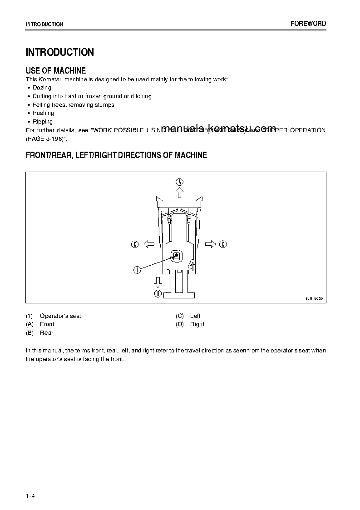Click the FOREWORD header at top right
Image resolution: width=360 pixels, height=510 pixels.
pos(308,24)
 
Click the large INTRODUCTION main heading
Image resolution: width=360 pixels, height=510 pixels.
pos(60,52)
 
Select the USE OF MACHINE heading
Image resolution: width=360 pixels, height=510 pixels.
pos(56,70)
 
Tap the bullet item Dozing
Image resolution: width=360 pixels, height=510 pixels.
pos(42,88)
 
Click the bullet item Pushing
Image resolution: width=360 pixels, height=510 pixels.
pos(43,113)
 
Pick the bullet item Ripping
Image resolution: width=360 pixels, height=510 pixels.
pos(43,122)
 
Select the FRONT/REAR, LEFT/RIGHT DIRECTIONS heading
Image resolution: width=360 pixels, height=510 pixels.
pos(116,155)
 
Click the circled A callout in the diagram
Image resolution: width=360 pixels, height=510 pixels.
pos(180,182)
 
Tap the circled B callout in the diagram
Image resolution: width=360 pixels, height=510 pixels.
pos(158,294)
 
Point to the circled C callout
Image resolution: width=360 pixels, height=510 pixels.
pos(135,244)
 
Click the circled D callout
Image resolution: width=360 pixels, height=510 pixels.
pos(223,244)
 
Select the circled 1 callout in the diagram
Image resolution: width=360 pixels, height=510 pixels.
pos(137,270)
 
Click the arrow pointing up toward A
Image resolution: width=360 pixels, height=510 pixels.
pos(180,193)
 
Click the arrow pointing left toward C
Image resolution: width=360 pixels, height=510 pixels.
pos(148,244)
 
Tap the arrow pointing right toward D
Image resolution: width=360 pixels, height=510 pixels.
pos(210,244)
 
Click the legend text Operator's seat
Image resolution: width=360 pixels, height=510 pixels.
pos(60,316)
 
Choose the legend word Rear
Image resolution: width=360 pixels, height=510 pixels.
pos(46,333)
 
